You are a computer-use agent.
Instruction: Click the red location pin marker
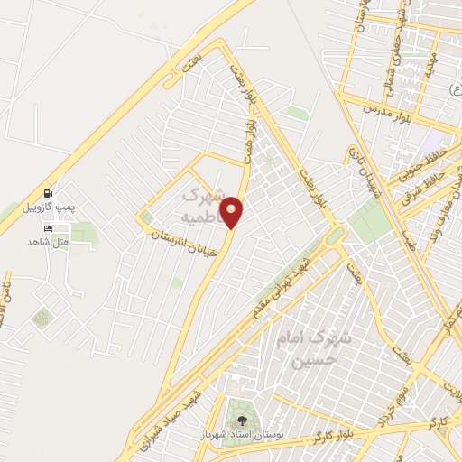[232, 212]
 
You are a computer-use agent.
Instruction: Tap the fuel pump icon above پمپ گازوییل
[47, 193]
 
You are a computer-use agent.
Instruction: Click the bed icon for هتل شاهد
[47, 228]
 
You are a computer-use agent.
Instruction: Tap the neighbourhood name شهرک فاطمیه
[199, 205]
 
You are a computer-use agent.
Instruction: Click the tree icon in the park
[241, 420]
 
